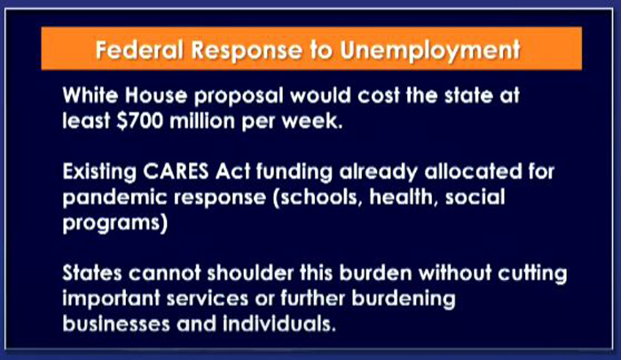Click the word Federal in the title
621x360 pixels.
pyautogui.click(x=139, y=50)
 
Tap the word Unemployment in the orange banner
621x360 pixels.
pyautogui.click(x=430, y=51)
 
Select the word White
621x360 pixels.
pyautogui.click(x=90, y=96)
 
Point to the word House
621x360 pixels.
pyautogui.click(x=155, y=96)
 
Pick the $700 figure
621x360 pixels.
pyautogui.click(x=140, y=121)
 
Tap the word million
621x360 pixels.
pyautogui.click(x=202, y=121)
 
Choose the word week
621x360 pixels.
pyautogui.click(x=311, y=121)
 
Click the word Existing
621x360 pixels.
pyautogui.click(x=99, y=173)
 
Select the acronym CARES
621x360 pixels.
pyautogui.click(x=176, y=171)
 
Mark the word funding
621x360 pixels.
pyautogui.click(x=294, y=173)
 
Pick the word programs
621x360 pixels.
pyautogui.click(x=114, y=223)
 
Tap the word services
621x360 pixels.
pyautogui.click(x=208, y=298)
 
